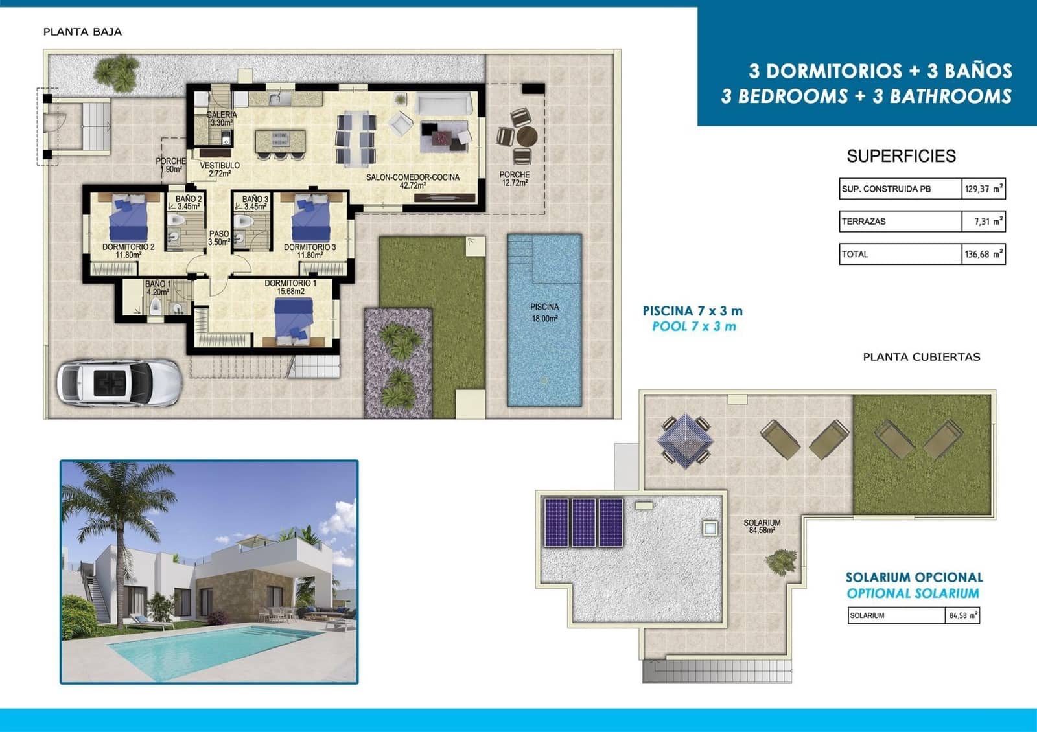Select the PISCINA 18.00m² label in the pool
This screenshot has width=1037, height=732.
click(x=544, y=312)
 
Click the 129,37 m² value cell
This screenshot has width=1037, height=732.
click(x=983, y=189)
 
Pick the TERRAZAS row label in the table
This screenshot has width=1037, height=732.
click(x=863, y=222)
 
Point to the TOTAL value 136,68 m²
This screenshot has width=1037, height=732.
click(x=983, y=254)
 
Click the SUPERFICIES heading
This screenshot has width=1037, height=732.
click(x=901, y=156)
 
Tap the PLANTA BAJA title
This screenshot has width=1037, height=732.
click(x=82, y=32)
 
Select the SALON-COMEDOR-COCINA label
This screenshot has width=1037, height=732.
click(x=413, y=181)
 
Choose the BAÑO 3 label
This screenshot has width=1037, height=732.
click(x=255, y=203)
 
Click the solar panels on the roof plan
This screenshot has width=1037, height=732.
click(x=583, y=522)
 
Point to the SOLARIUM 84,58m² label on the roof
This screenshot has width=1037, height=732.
click(x=762, y=526)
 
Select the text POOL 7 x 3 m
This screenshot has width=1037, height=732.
click(x=693, y=326)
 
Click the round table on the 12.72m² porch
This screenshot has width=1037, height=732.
click(x=526, y=137)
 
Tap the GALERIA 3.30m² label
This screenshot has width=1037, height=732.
click(x=222, y=119)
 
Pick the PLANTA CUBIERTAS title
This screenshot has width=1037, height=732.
click(x=921, y=357)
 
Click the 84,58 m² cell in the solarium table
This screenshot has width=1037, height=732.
click(x=962, y=615)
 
